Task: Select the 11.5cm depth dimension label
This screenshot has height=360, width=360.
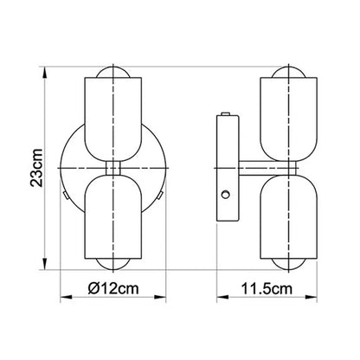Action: click(x=266, y=285)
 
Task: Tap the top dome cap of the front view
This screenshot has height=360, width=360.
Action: click(x=112, y=70)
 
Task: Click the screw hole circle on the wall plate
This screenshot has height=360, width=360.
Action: click(x=226, y=195)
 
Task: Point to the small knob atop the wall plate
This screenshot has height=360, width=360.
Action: click(x=227, y=113)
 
